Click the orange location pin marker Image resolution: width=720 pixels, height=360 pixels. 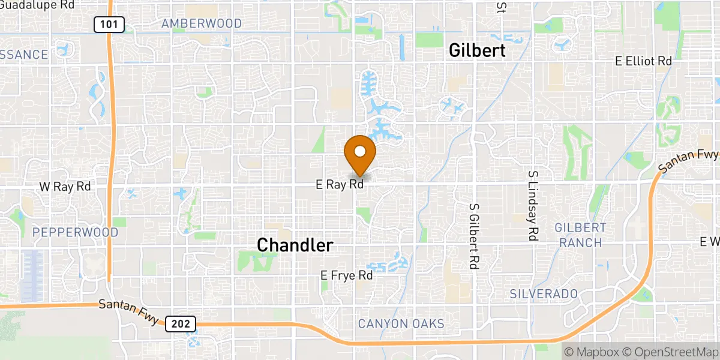[x=360, y=152]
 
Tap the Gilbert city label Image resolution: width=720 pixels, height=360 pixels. [x=478, y=51]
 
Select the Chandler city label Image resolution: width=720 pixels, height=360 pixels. [x=295, y=245]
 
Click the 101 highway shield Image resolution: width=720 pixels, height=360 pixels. [x=109, y=25]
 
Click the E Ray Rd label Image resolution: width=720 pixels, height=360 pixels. [x=340, y=185]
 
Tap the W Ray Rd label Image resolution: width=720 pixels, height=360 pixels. [x=64, y=187]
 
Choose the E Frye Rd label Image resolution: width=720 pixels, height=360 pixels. [x=347, y=275]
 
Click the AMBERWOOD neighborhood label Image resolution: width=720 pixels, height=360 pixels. [x=202, y=24]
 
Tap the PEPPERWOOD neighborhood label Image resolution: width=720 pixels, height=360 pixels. [x=67, y=232]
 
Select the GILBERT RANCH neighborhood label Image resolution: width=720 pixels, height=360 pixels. [x=580, y=235]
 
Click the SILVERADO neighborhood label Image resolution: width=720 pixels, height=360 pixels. [x=544, y=294]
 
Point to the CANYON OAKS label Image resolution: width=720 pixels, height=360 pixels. [x=401, y=324]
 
